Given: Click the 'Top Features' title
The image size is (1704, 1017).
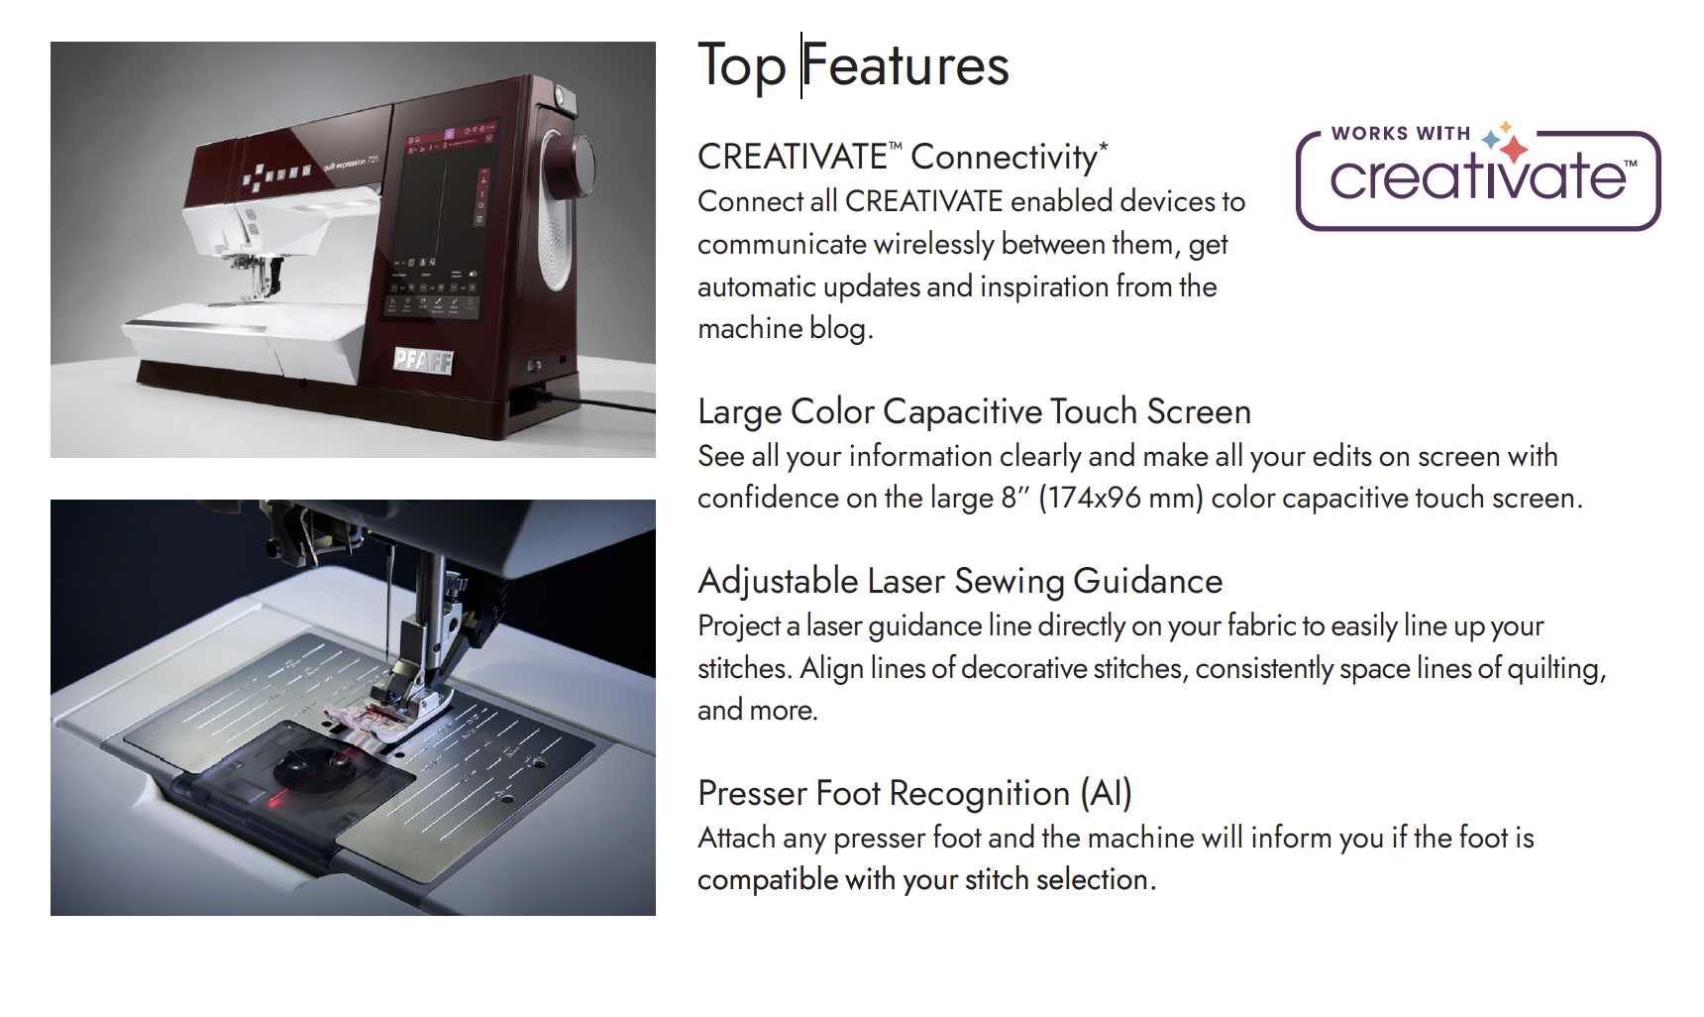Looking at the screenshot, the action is pyautogui.click(x=853, y=66).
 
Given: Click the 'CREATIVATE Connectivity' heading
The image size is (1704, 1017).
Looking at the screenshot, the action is pyautogui.click(x=903, y=157).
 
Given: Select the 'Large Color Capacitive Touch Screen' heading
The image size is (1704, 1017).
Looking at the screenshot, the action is pyautogui.click(x=974, y=411).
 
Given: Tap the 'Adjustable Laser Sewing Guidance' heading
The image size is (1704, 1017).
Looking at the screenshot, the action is pyautogui.click(x=960, y=581).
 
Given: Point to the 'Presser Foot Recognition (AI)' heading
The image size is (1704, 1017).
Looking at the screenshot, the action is pyautogui.click(x=914, y=793).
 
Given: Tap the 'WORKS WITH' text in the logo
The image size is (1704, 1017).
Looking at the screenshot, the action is pyautogui.click(x=1400, y=133).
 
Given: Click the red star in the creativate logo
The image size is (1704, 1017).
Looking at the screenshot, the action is pyautogui.click(x=1514, y=150).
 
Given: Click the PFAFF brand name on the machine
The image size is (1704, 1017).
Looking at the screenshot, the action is pyautogui.click(x=423, y=361).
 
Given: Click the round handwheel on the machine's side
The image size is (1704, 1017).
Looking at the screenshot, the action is pyautogui.click(x=570, y=164).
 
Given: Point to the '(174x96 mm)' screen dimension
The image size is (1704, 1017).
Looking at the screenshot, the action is pyautogui.click(x=1120, y=498).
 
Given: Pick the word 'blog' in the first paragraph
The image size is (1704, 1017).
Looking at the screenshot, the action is pyautogui.click(x=841, y=329).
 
